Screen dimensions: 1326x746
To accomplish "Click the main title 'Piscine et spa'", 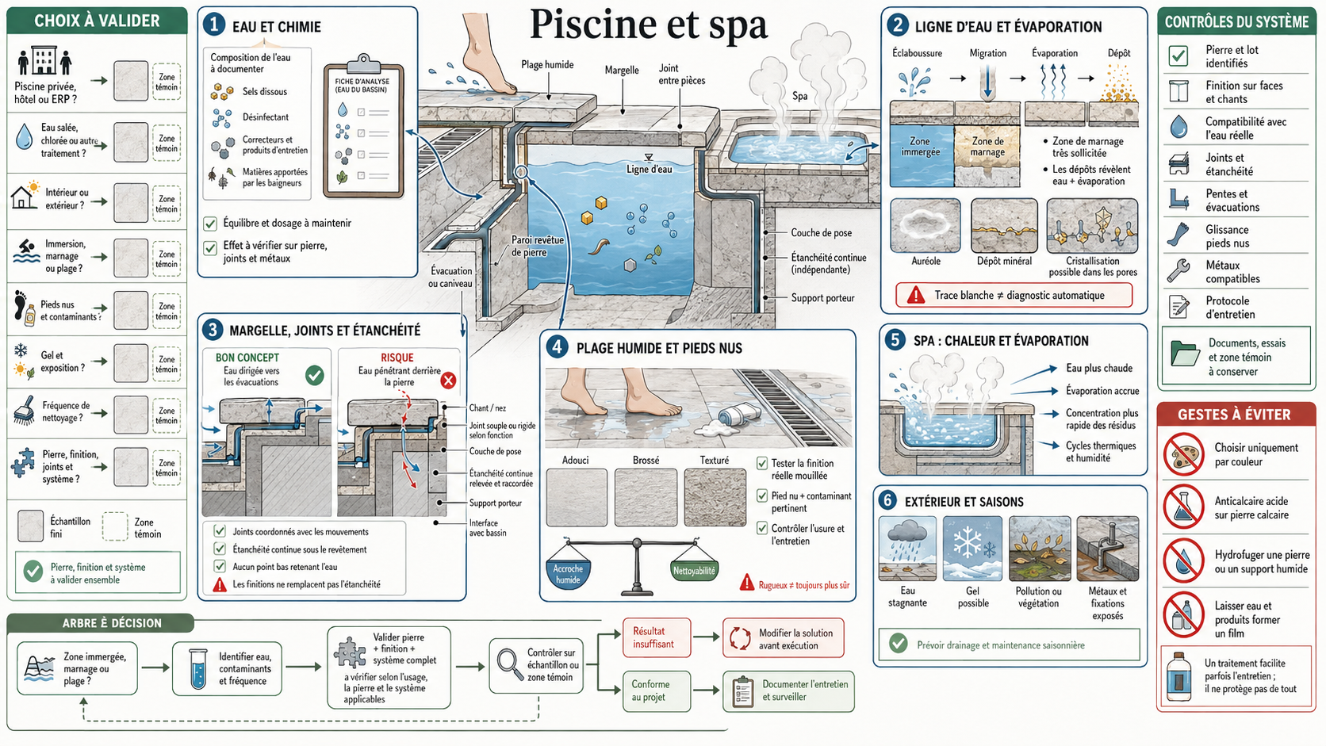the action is [x=648, y=25].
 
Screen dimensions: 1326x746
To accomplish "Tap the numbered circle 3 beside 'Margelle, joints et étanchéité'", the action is [x=213, y=330].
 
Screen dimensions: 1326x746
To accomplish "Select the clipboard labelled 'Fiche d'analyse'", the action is [x=364, y=127].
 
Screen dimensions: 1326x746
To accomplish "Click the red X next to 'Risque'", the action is [x=448, y=380].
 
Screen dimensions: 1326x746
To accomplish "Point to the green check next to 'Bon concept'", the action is [x=314, y=375].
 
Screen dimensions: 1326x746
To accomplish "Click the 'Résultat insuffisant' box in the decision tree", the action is [x=657, y=637].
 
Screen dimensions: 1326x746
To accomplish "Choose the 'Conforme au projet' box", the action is [x=657, y=691].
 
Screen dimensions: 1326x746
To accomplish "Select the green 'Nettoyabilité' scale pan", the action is [x=694, y=570].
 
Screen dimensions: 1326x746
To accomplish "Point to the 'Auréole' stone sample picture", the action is [x=926, y=226].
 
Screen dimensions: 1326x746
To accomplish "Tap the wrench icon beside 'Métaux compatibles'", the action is [x=1178, y=271].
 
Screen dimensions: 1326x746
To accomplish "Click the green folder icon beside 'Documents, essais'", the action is [x=1185, y=354].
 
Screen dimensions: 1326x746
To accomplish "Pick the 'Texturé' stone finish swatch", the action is [x=715, y=498].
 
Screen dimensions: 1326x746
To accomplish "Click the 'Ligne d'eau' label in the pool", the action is [x=650, y=169].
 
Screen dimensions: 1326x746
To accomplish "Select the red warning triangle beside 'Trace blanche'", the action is [x=916, y=295].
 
